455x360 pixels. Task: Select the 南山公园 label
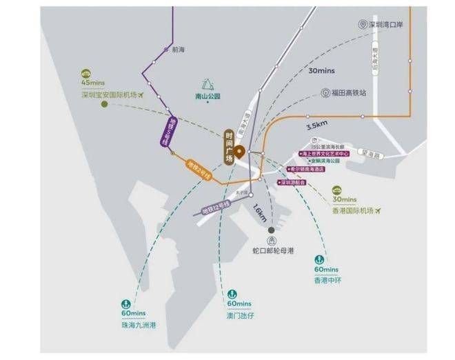208,97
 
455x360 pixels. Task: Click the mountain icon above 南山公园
207,83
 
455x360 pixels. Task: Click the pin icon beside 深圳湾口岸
363,23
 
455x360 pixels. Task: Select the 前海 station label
179,50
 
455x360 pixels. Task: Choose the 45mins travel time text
91,83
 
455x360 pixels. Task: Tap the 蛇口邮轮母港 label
272,251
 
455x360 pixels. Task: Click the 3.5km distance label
317,125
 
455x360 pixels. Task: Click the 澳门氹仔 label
239,314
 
